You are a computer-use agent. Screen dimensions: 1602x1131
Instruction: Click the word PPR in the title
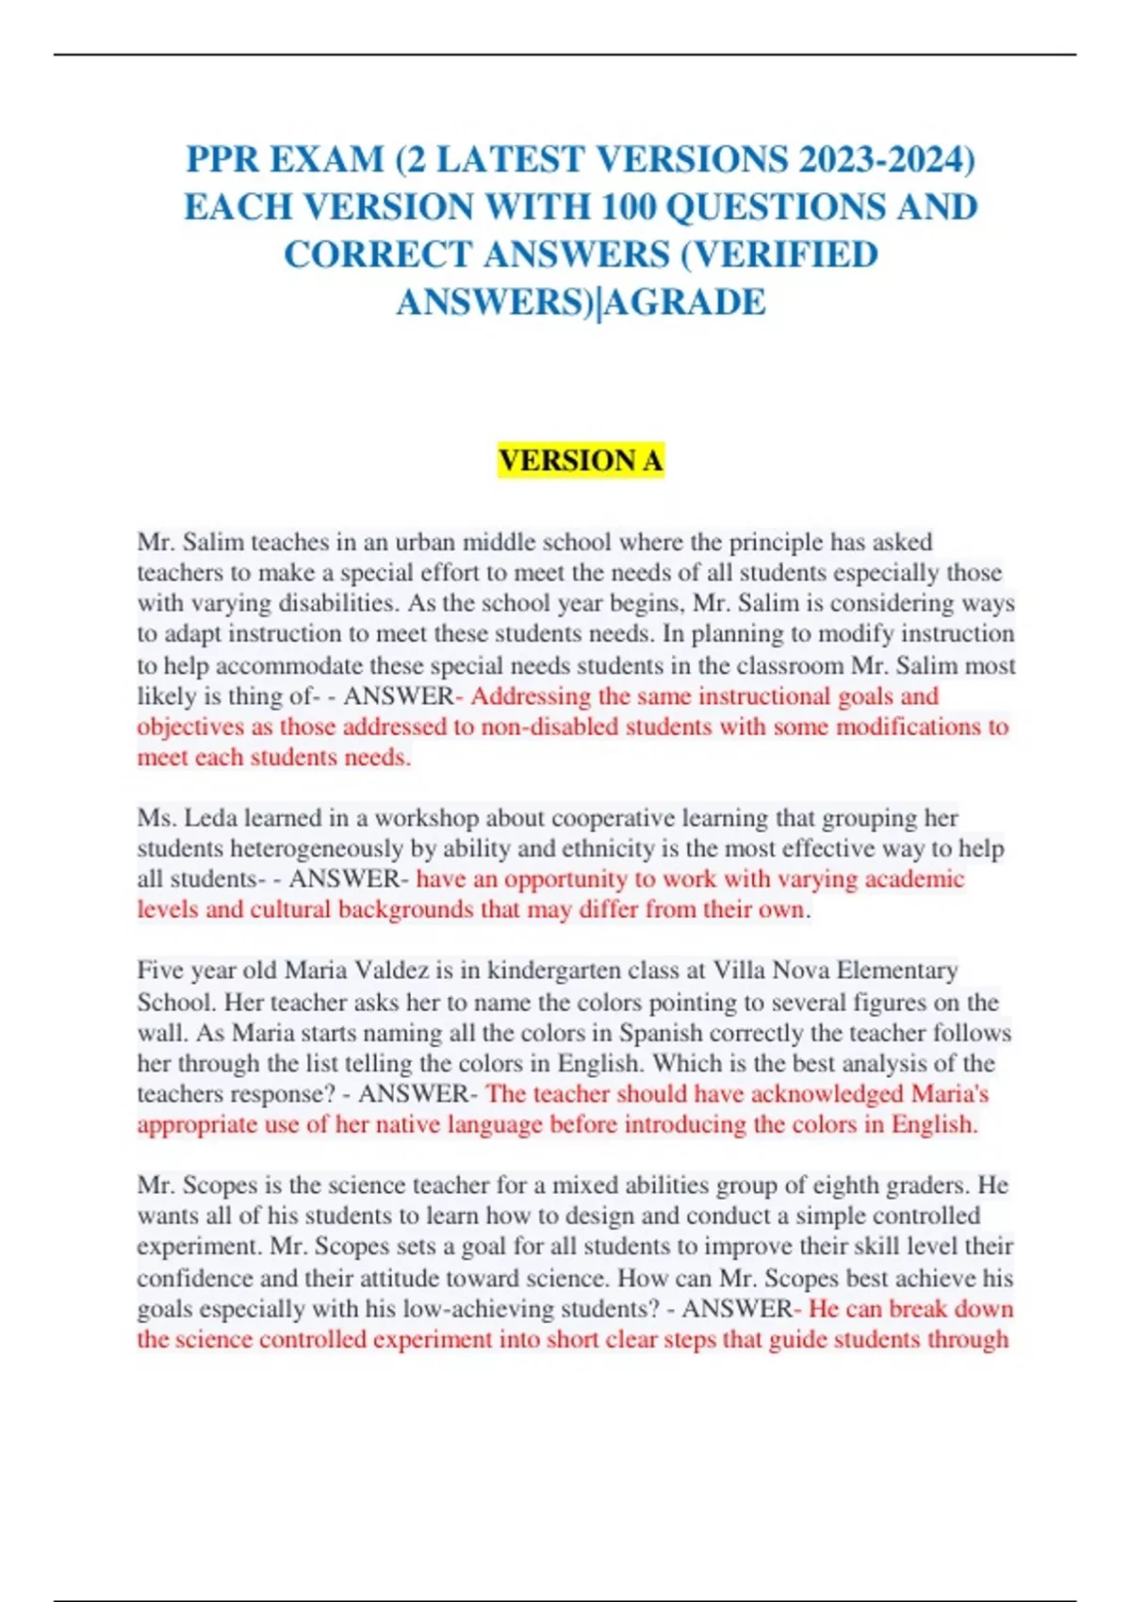click(222, 159)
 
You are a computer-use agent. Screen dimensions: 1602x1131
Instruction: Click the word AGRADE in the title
click(687, 302)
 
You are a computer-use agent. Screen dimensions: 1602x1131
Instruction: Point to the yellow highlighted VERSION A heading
click(581, 461)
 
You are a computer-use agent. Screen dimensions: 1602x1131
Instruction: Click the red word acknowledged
click(827, 1094)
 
